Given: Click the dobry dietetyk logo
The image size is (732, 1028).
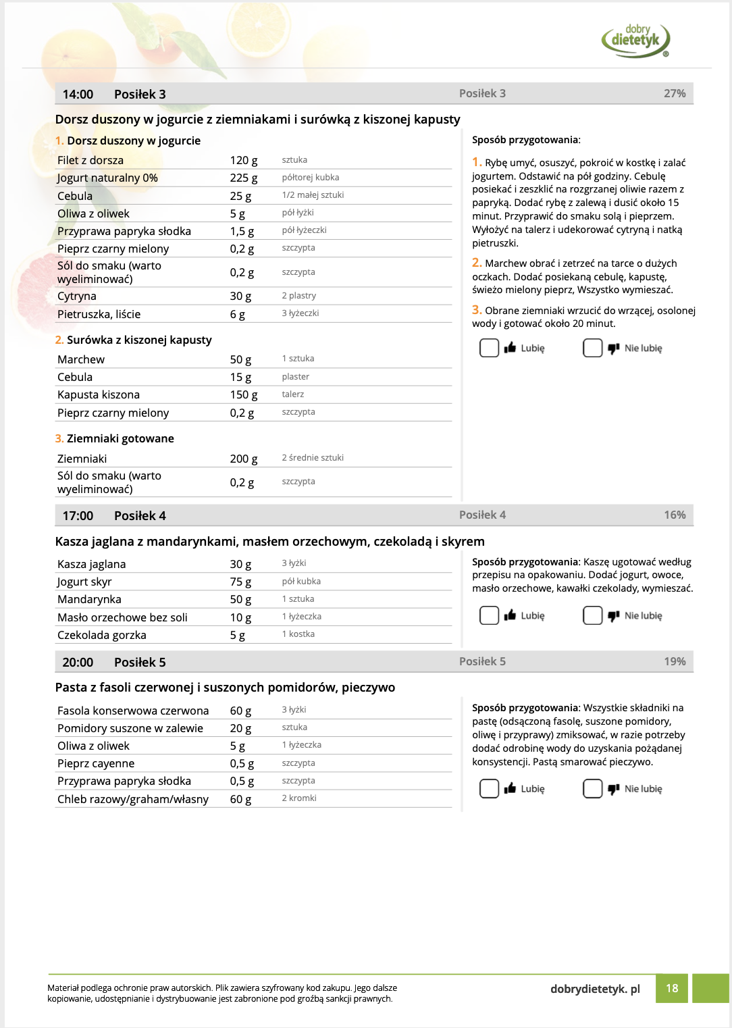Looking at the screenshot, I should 635,40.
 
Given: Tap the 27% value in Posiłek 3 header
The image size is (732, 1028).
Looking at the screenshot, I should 674,94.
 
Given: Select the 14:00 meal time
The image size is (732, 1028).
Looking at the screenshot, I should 78,95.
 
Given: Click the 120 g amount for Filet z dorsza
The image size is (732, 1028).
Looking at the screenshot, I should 243,161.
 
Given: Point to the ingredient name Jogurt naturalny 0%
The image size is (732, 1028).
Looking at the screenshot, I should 107,178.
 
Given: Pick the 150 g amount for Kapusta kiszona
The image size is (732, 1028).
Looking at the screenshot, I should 243,395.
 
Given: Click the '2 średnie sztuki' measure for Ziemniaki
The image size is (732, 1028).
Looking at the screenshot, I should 313,458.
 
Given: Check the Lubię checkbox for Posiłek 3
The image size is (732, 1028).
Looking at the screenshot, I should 489,348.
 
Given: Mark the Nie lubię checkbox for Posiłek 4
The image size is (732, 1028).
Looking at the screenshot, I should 592,615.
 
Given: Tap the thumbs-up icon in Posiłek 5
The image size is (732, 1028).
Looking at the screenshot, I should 510,788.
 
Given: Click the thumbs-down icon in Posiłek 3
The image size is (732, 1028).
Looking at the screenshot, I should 613,349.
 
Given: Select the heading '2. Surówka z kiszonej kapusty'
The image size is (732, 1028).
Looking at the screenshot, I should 134,340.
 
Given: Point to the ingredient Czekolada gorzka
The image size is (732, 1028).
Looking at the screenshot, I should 102,635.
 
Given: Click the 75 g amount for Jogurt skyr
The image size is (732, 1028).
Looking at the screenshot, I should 240,582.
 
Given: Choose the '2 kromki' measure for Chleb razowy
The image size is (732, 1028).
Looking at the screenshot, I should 299,798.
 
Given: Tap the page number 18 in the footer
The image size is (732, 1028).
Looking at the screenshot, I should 672,988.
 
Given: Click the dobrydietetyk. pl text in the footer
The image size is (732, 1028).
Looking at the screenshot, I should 595,989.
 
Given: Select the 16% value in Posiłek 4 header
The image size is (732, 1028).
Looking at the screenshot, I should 674,515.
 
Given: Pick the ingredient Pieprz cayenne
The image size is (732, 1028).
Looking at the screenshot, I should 96,764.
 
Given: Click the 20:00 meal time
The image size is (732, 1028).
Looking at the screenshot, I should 78,663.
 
